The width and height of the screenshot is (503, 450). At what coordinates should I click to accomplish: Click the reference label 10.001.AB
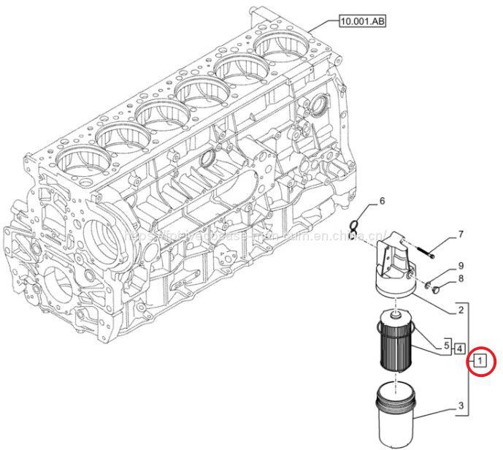362,22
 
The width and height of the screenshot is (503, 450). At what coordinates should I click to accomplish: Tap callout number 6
381,201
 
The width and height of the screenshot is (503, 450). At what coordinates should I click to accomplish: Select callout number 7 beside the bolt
461,234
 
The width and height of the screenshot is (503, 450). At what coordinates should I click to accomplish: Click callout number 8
461,278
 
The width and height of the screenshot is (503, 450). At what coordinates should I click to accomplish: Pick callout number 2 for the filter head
461,310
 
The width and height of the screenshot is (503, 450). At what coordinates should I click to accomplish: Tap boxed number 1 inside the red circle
479,359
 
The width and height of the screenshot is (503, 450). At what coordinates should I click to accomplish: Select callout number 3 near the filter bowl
461,405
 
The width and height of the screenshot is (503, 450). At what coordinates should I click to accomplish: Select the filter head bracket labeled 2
393,270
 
